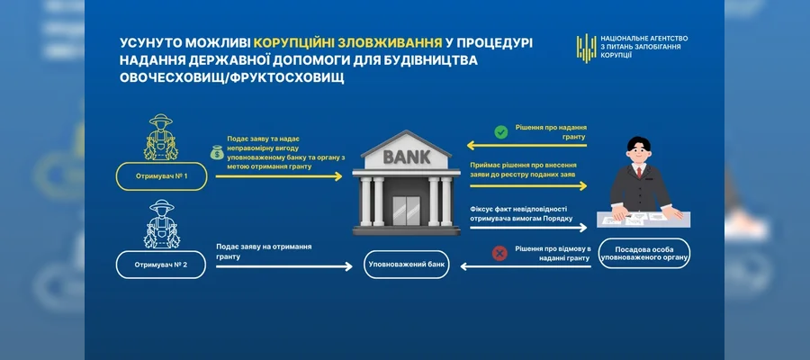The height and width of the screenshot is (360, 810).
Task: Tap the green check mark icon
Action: (x=501, y=132)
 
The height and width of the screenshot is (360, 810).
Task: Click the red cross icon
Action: (x=498, y=255)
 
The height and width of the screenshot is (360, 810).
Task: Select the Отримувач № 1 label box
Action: (x=161, y=175)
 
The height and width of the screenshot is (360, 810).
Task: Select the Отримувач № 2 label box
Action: (x=161, y=265)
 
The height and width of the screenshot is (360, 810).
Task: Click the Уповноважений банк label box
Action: (x=406, y=265)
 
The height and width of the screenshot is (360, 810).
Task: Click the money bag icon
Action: (x=219, y=153)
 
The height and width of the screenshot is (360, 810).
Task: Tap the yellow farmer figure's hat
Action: (x=162, y=120)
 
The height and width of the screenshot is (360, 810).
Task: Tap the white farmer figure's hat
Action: (x=162, y=206)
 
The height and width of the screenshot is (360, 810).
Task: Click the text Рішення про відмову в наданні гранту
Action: (x=552, y=253)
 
